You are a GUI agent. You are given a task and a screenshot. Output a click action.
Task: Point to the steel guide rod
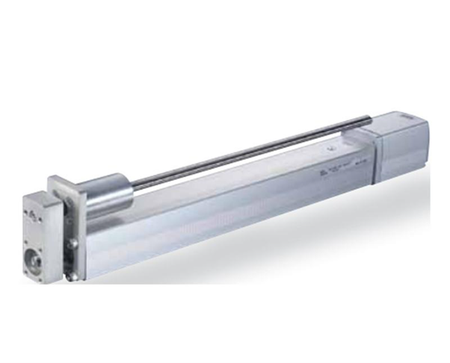(247, 153)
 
